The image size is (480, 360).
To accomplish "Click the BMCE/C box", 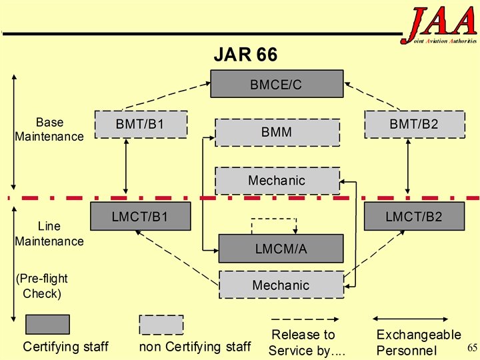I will click(x=277, y=84).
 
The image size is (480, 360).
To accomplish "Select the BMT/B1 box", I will click(x=140, y=124).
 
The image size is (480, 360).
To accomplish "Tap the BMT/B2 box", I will click(x=414, y=124).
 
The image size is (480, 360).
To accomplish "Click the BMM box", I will click(x=277, y=132).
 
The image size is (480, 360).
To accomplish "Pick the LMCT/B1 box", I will click(x=140, y=217).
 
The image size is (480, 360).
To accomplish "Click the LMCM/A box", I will click(x=281, y=249).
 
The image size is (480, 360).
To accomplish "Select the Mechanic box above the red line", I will click(x=277, y=180).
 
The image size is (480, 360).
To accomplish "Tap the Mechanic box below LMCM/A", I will click(x=281, y=285).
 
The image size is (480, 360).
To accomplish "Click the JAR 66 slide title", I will click(x=245, y=54).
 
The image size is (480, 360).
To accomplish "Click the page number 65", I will click(x=473, y=347).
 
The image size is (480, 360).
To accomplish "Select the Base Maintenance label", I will click(x=49, y=129).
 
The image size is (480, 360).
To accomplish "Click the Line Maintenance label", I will click(x=49, y=234).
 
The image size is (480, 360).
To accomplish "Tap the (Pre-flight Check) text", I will click(x=41, y=286).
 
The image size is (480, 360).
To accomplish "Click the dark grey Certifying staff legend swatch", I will click(x=47, y=324).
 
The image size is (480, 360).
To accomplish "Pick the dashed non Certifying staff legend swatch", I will click(x=161, y=324).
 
